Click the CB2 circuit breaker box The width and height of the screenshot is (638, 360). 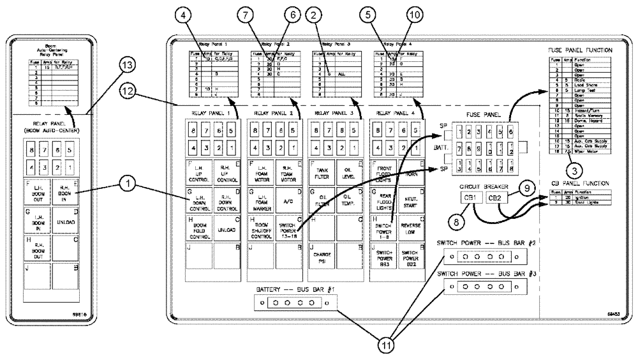pos(498,199)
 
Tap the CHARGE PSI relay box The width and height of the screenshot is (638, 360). pos(322,257)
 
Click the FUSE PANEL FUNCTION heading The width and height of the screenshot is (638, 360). pos(581,50)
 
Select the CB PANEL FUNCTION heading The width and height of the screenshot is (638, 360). pos(581,184)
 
